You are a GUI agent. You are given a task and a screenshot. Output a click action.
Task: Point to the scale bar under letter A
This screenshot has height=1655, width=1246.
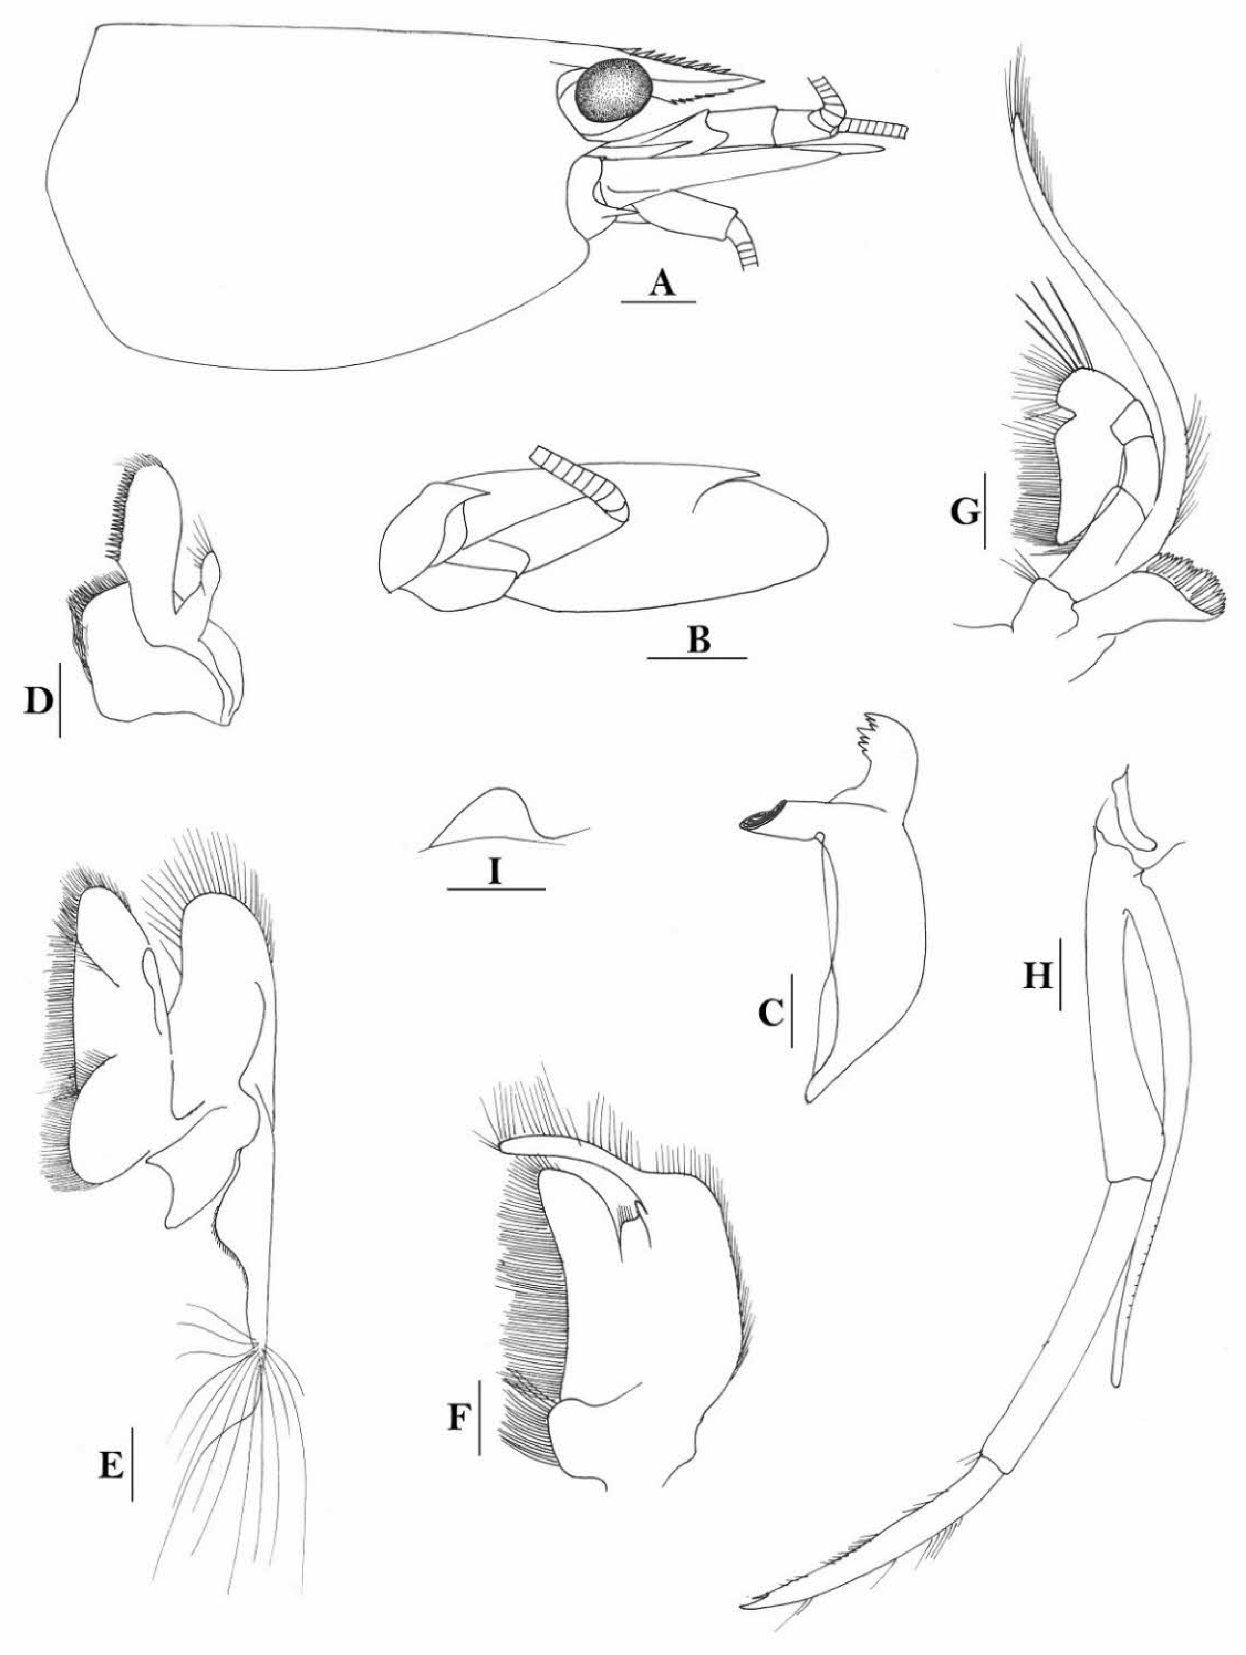(659, 302)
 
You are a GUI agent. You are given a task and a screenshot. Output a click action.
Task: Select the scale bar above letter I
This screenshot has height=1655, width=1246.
(495, 889)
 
